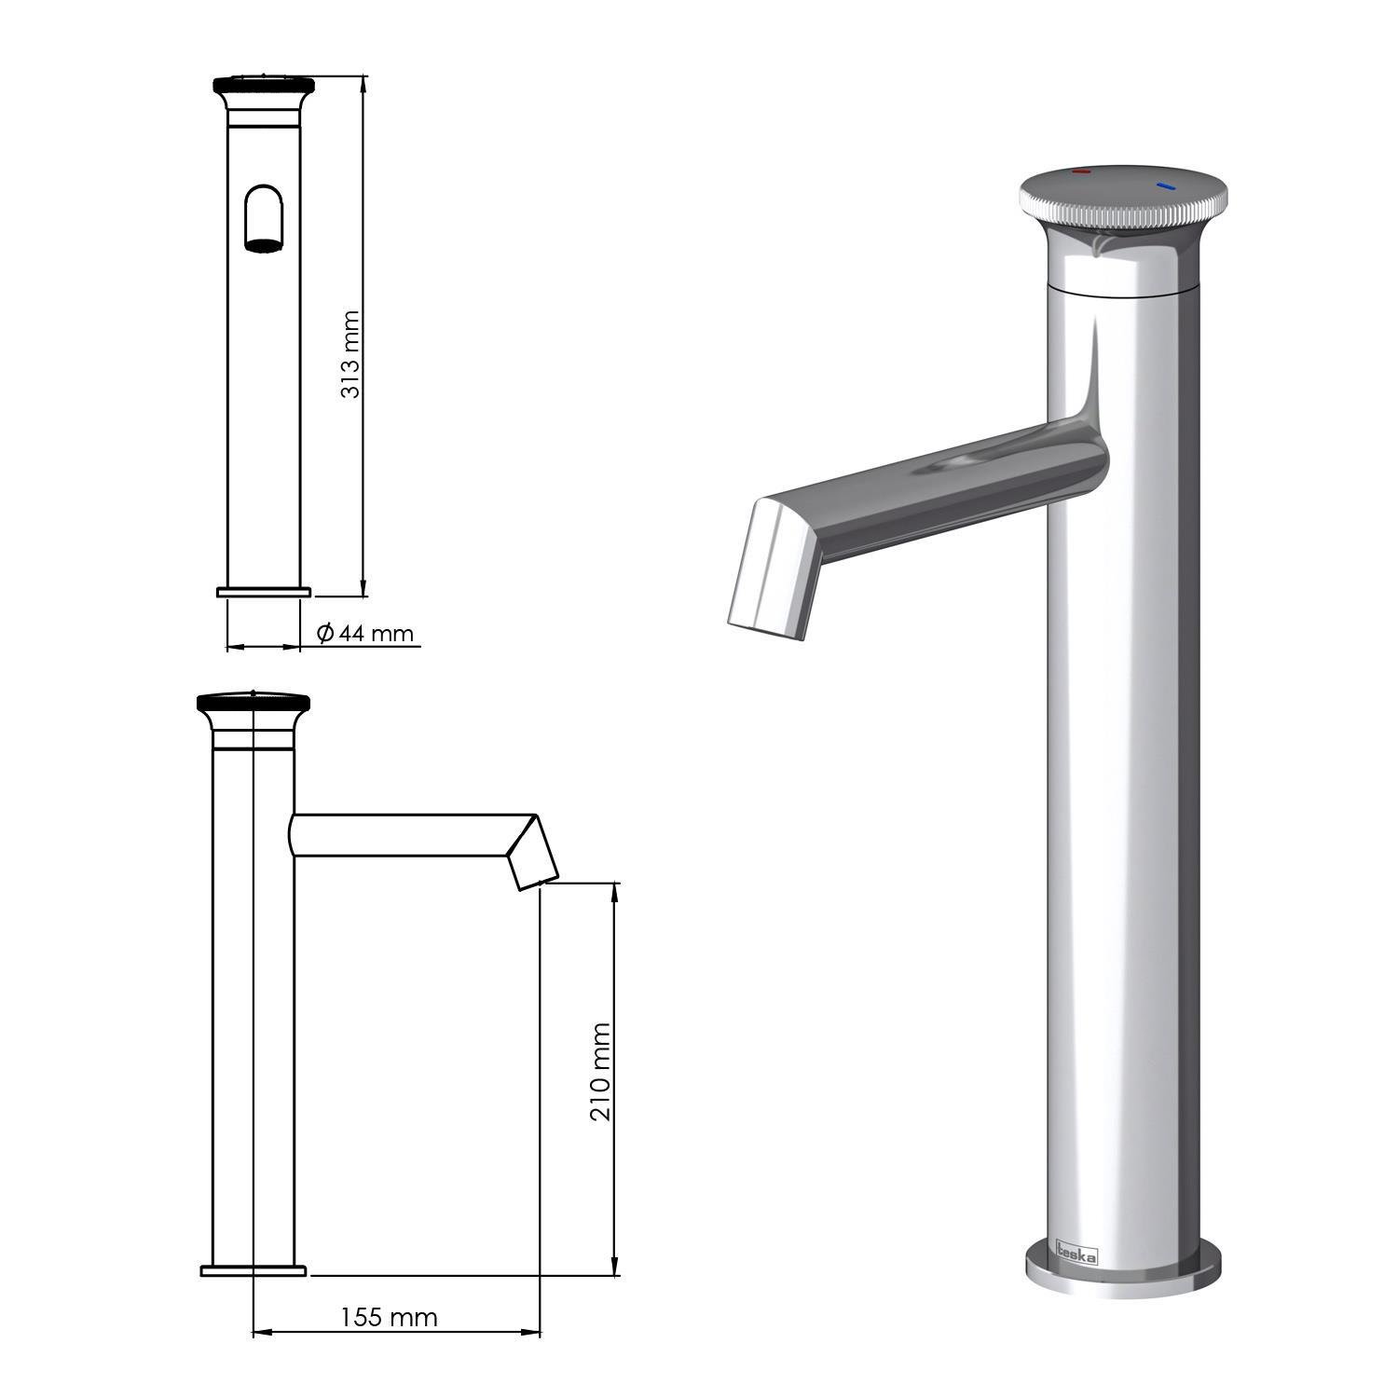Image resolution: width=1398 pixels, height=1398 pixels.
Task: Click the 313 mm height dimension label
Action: tap(350, 354)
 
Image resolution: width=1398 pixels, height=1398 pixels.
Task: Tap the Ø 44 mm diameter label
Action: tap(365, 634)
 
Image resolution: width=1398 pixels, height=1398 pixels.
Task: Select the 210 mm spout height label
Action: tap(601, 1072)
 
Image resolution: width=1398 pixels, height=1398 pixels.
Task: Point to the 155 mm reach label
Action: tap(389, 1317)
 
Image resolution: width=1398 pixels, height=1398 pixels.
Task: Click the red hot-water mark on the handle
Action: tap(1081, 173)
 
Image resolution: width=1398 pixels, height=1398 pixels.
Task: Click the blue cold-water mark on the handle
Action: tap(1166, 186)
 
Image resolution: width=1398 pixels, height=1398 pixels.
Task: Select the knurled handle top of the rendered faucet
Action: tap(1123, 198)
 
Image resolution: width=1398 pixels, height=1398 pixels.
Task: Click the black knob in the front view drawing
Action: tap(265, 86)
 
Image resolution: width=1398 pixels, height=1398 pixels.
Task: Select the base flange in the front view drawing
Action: tap(264, 592)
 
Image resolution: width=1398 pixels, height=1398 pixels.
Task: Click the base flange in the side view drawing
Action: tap(254, 1270)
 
